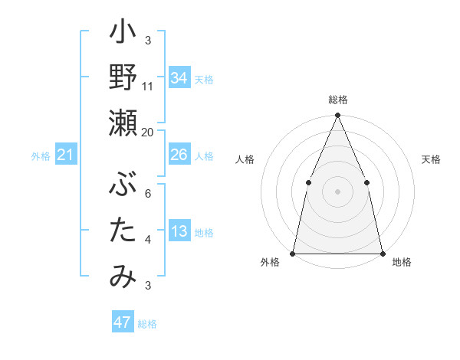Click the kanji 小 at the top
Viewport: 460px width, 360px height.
[123, 34]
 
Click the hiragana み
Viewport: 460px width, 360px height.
[123, 276]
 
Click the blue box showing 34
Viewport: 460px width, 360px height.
[179, 77]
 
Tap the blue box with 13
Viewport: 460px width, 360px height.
[179, 231]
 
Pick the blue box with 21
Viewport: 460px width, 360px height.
[66, 155]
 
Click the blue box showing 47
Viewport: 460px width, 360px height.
[122, 322]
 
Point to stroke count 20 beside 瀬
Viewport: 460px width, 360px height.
[147, 132]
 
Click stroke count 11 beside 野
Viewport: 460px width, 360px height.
[148, 86]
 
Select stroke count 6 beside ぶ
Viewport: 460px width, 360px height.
[147, 194]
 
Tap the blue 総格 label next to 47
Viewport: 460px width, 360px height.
[147, 324]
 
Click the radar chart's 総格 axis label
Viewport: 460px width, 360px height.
[337, 100]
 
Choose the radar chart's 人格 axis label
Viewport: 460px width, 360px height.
[245, 159]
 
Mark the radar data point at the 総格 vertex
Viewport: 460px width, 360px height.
[337, 116]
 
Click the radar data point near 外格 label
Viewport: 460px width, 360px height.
[293, 253]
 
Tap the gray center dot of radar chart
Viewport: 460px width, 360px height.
[337, 191]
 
